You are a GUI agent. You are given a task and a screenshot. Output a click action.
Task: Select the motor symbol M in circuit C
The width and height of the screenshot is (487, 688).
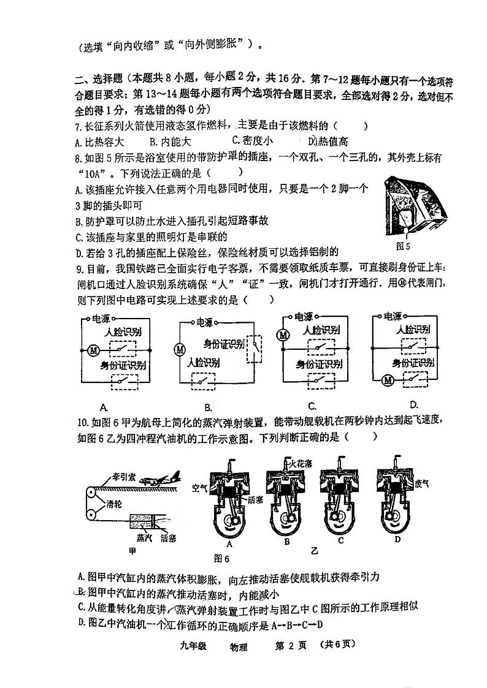tap(283, 335)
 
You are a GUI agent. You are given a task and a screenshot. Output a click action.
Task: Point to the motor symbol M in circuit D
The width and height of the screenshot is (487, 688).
tap(388, 380)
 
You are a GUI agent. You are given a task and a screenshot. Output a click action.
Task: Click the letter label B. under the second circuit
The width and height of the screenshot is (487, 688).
tap(208, 407)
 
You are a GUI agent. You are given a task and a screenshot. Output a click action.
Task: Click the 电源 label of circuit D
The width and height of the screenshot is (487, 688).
tap(393, 316)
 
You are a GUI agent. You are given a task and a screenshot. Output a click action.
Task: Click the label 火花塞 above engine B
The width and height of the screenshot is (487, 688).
tap(305, 464)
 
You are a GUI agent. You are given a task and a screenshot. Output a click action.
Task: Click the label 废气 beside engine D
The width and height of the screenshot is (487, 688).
tap(423, 483)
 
